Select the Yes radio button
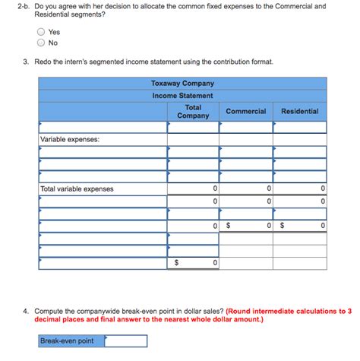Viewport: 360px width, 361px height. tap(40, 32)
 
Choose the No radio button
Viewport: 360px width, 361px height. tap(40, 43)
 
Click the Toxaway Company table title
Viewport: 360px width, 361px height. tap(182, 84)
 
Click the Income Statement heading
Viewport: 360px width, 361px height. tap(182, 96)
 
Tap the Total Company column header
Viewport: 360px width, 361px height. tap(193, 111)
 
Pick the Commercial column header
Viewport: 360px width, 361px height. tap(245, 111)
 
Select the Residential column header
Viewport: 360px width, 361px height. tap(299, 111)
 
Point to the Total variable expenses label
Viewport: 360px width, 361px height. tap(77, 188)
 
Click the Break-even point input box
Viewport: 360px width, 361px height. tap(125, 340)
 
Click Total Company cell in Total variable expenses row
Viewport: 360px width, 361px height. tap(193, 188)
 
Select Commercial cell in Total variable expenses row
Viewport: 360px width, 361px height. tap(245, 188)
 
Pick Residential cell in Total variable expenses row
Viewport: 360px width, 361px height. tap(299, 188)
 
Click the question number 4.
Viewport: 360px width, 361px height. tap(26, 311)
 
